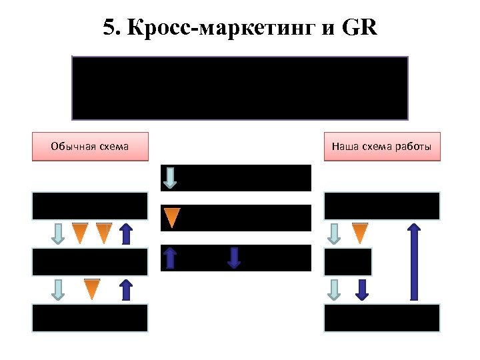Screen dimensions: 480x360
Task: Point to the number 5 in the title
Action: pyautogui.click(x=109, y=29)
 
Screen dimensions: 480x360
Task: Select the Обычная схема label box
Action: pyautogui.click(x=90, y=147)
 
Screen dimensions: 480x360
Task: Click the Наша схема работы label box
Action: pyautogui.click(x=382, y=147)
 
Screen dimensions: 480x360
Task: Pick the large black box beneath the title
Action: pyautogui.click(x=240, y=87)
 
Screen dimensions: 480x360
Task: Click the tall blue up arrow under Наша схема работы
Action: pyautogui.click(x=414, y=261)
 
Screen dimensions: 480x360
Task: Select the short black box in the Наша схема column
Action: pyautogui.click(x=348, y=262)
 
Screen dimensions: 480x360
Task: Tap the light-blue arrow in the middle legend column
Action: pyautogui.click(x=171, y=177)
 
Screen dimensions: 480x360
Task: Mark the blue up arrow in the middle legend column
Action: pyautogui.click(x=171, y=257)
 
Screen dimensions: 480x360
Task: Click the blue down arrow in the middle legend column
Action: pyautogui.click(x=233, y=257)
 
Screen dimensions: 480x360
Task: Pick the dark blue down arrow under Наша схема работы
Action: pyautogui.click(x=361, y=289)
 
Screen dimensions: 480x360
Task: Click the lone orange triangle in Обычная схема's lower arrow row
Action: pyautogui.click(x=92, y=289)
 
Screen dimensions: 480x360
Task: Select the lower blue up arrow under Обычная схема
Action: pyautogui.click(x=126, y=289)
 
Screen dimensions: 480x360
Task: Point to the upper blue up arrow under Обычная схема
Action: pyautogui.click(x=126, y=233)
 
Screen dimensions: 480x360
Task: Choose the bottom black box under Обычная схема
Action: pyautogui.click(x=90, y=318)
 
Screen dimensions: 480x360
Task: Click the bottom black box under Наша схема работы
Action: pyautogui.click(x=382, y=318)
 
